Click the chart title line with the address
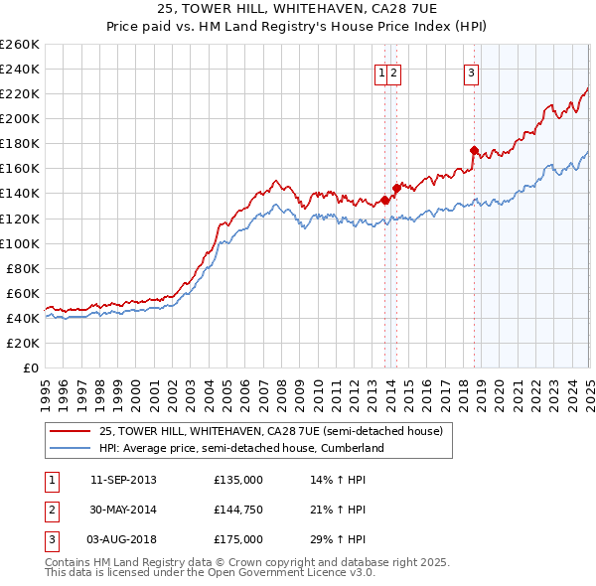click(297, 8)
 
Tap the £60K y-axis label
click(24, 293)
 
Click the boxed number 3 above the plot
click(471, 72)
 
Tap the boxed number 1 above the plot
click(381, 72)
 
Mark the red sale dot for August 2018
click(475, 150)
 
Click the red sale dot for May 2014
click(396, 187)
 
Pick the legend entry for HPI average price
click(240, 448)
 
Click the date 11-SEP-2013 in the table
click(123, 480)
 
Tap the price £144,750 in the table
click(238, 510)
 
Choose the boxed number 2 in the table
click(50, 510)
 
